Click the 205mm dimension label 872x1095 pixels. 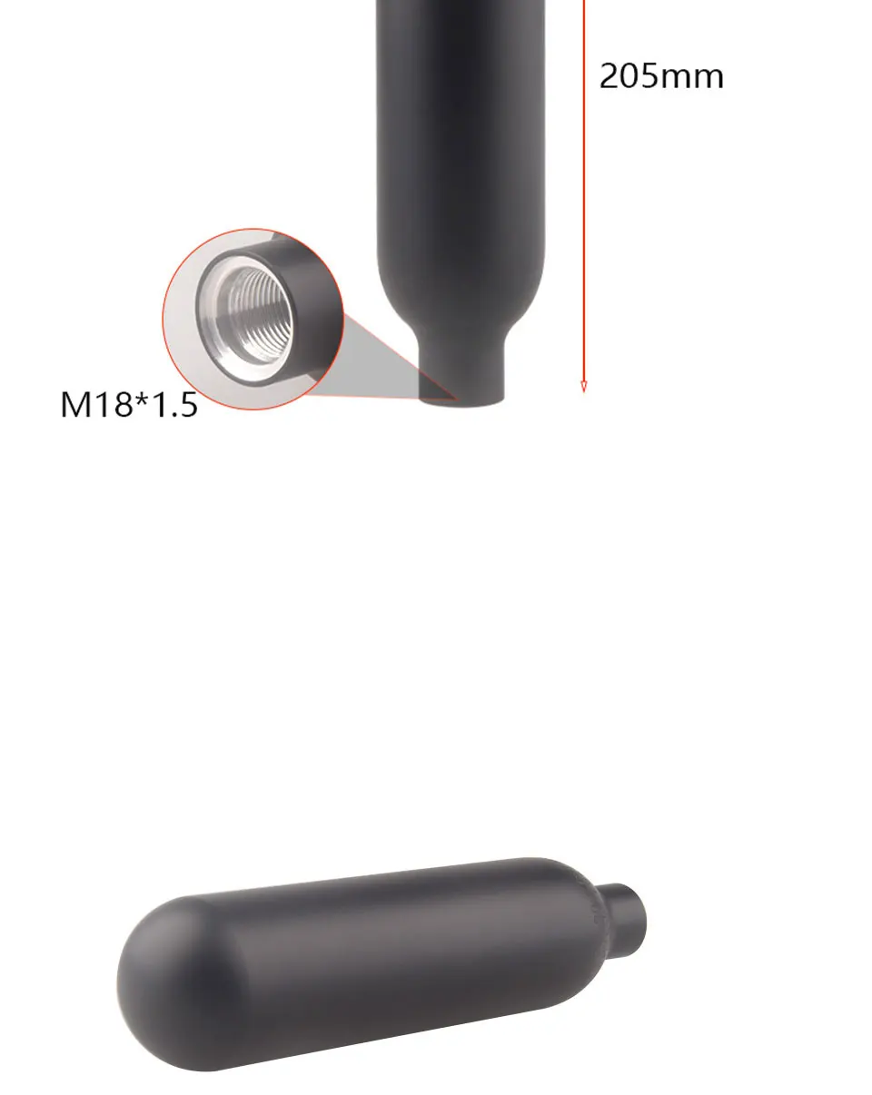click(660, 76)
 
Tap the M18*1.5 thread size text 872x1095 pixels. click(129, 405)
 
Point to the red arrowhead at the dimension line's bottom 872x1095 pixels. click(584, 387)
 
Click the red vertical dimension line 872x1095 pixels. click(584, 196)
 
